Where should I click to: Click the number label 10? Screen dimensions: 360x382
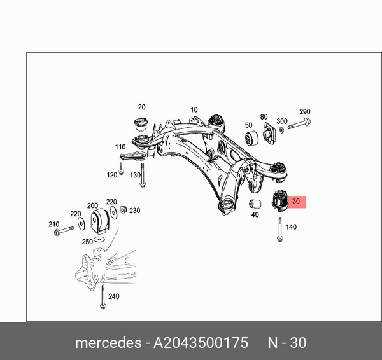click(194, 109)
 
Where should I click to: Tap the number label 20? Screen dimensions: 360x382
click(141, 107)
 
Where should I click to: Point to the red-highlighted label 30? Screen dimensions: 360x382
click(296, 202)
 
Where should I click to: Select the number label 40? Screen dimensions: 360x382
click(255, 215)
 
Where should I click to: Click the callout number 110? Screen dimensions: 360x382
click(120, 147)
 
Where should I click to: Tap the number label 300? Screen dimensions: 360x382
click(282, 121)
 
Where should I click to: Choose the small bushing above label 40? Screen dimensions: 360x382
click(255, 204)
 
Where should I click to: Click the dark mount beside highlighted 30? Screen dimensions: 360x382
click(279, 199)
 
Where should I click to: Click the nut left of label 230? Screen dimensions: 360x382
click(124, 210)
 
